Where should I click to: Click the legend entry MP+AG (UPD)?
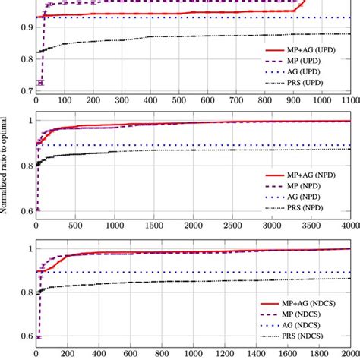pyautogui.click(x=305, y=49)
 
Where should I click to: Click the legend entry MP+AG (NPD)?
pyautogui.click(x=305, y=173)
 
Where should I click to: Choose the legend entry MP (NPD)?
pyautogui.click(x=311, y=185)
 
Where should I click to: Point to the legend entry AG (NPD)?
pyautogui.click(x=311, y=196)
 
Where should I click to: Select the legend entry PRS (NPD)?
pyautogui.click(x=311, y=207)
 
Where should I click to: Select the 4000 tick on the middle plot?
pyautogui.click(x=349, y=226)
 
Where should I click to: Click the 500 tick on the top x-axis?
pyautogui.click(x=178, y=99)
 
